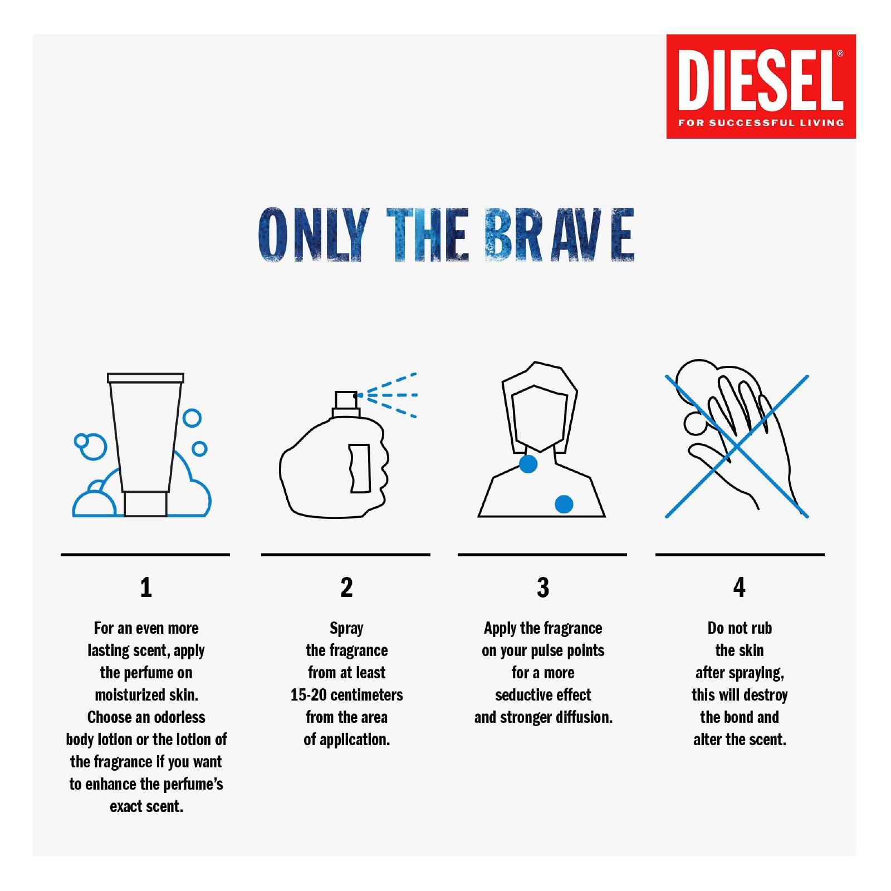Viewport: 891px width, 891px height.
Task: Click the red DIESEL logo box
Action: pyautogui.click(x=761, y=86)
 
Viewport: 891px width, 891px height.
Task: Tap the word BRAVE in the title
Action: pyautogui.click(x=559, y=235)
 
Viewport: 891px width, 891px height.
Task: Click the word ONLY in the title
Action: pyautogui.click(x=314, y=235)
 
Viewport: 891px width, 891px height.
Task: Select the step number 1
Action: pyautogui.click(x=146, y=587)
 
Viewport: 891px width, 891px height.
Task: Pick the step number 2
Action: pyautogui.click(x=346, y=587)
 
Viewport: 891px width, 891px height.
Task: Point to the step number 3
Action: pyautogui.click(x=543, y=587)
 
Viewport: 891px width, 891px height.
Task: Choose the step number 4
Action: pyautogui.click(x=739, y=587)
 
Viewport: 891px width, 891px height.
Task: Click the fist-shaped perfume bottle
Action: pyautogui.click(x=331, y=468)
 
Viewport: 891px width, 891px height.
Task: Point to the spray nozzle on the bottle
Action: pyautogui.click(x=346, y=400)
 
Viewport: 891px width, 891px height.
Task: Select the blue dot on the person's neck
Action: pyautogui.click(x=528, y=463)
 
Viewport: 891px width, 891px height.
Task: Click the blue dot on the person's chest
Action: pyautogui.click(x=564, y=504)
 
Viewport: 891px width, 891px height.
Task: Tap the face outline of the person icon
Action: pyautogui.click(x=539, y=418)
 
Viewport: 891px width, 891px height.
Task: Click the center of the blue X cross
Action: pyautogui.click(x=737, y=447)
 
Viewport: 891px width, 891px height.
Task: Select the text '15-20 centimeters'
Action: pyautogui.click(x=346, y=695)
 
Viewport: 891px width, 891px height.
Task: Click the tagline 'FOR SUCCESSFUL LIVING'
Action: pyautogui.click(x=761, y=123)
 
